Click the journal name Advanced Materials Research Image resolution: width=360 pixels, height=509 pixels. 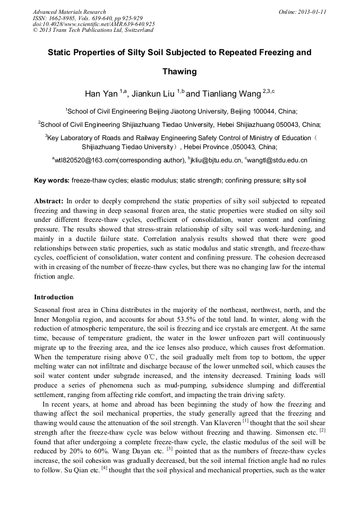coord(69,12)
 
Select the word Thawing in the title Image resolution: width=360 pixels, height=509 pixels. coord(179,71)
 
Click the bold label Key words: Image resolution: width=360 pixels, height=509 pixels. coord(52,180)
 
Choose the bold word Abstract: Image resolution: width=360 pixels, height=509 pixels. coord(49,202)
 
